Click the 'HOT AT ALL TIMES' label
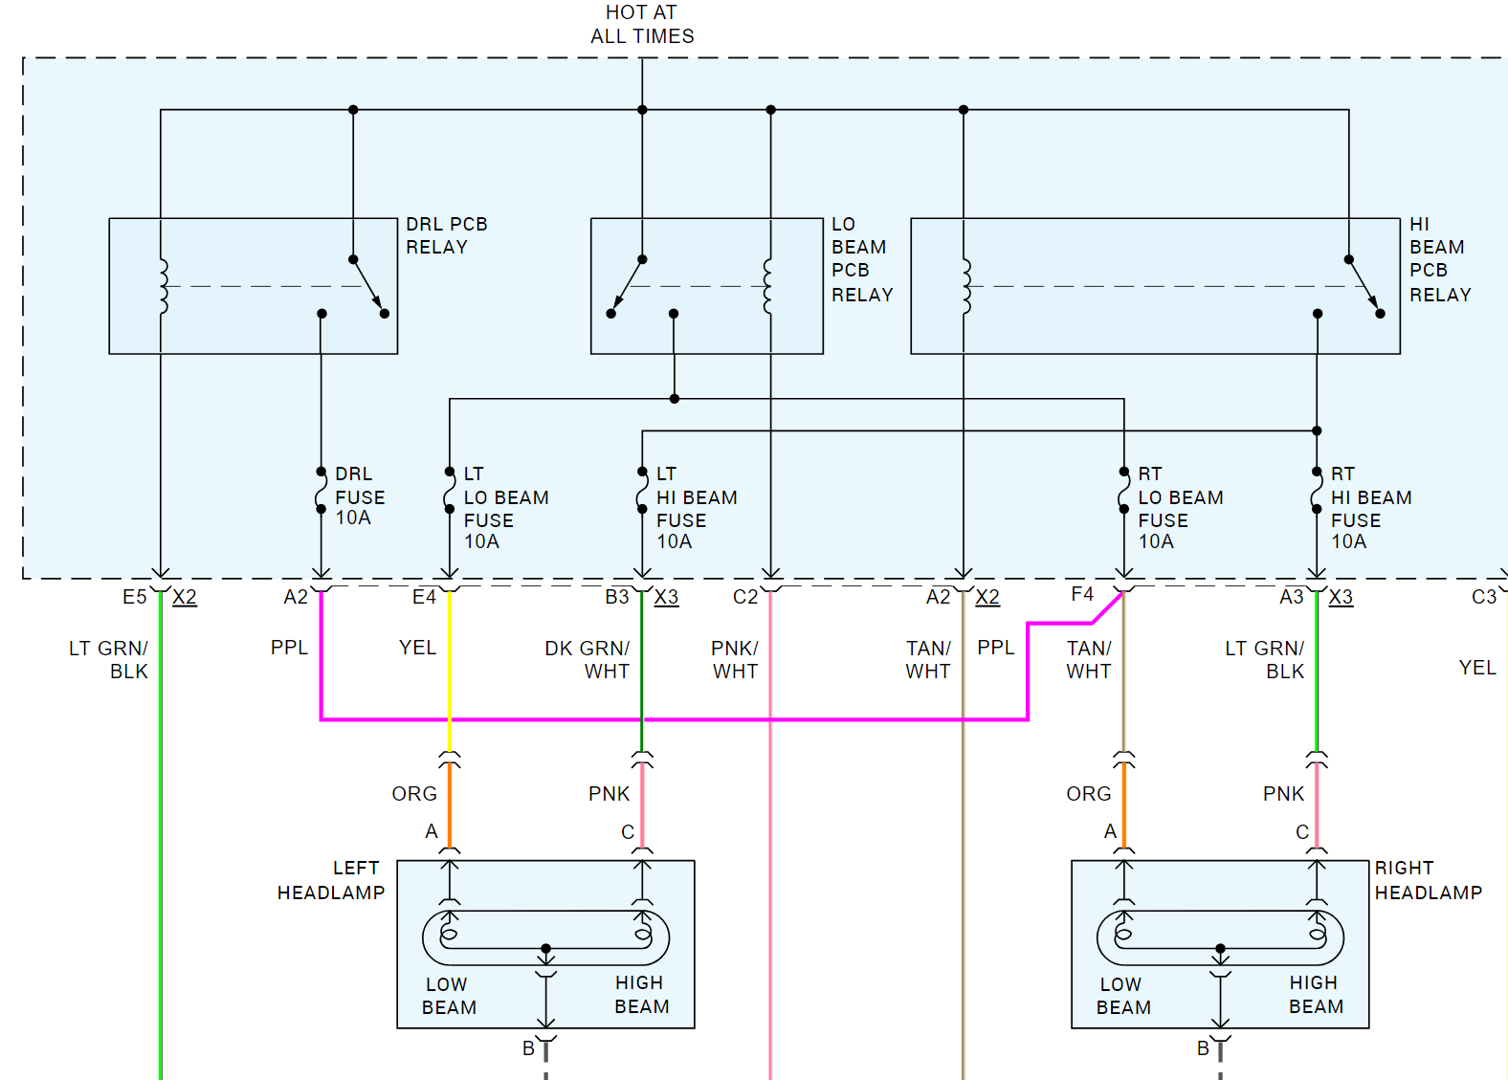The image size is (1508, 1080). pyautogui.click(x=642, y=24)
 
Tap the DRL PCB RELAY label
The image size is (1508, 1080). pyautogui.click(x=446, y=235)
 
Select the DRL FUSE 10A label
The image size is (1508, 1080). pyautogui.click(x=360, y=496)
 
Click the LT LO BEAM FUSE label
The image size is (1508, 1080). pyautogui.click(x=506, y=508)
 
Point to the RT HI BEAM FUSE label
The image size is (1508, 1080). pyautogui.click(x=1371, y=508)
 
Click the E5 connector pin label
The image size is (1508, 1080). pyautogui.click(x=134, y=597)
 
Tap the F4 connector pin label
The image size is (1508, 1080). pyautogui.click(x=1082, y=594)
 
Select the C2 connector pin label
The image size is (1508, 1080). pyautogui.click(x=745, y=597)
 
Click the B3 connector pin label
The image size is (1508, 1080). pyautogui.click(x=616, y=597)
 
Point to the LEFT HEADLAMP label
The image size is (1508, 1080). pyautogui.click(x=331, y=880)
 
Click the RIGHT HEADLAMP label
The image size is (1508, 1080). pyautogui.click(x=1428, y=880)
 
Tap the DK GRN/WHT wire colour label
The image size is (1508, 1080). pyautogui.click(x=588, y=659)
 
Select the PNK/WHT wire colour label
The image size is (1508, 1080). pyautogui.click(x=735, y=659)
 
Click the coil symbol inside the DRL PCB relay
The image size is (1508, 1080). pyautogui.click(x=163, y=287)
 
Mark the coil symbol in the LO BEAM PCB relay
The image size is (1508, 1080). pyautogui.click(x=768, y=287)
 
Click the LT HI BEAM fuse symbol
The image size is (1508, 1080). pyautogui.click(x=641, y=491)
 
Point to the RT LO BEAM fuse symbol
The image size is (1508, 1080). pyautogui.click(x=1122, y=491)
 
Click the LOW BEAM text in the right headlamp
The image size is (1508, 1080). pyautogui.click(x=1123, y=996)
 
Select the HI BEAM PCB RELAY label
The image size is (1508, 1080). pyautogui.click(x=1440, y=260)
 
